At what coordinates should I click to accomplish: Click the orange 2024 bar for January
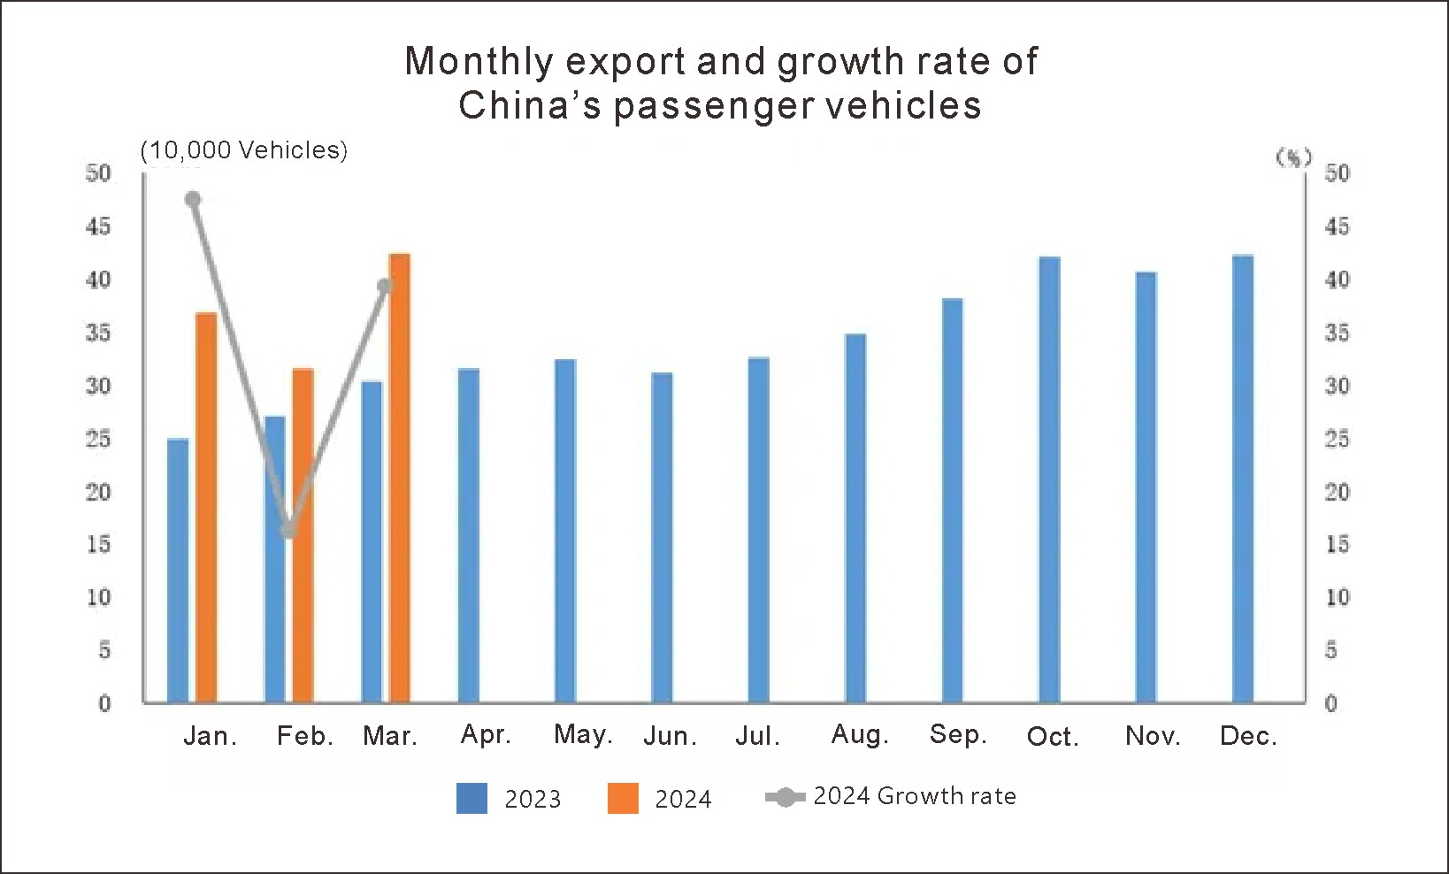pyautogui.click(x=206, y=509)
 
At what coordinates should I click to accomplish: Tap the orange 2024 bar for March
pyautogui.click(x=400, y=479)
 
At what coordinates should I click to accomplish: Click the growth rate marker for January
pyautogui.click(x=193, y=199)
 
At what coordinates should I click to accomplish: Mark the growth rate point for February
pyautogui.click(x=288, y=530)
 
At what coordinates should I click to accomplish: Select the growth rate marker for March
pyautogui.click(x=385, y=286)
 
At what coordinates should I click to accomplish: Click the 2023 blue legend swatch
pyautogui.click(x=471, y=798)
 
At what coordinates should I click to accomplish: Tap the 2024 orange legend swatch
pyautogui.click(x=623, y=798)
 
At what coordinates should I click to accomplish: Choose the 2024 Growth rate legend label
pyautogui.click(x=914, y=796)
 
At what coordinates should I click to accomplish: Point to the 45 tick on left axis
pyautogui.click(x=98, y=226)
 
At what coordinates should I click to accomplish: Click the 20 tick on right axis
pyautogui.click(x=1337, y=492)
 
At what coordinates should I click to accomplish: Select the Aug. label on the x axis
pyautogui.click(x=860, y=734)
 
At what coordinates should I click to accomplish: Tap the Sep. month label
pyautogui.click(x=958, y=734)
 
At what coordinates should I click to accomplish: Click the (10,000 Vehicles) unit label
pyautogui.click(x=244, y=150)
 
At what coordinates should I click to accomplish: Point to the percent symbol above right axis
pyautogui.click(x=1293, y=157)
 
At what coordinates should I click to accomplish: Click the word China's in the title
pyautogui.click(x=529, y=105)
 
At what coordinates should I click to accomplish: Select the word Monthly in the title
pyautogui.click(x=479, y=61)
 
